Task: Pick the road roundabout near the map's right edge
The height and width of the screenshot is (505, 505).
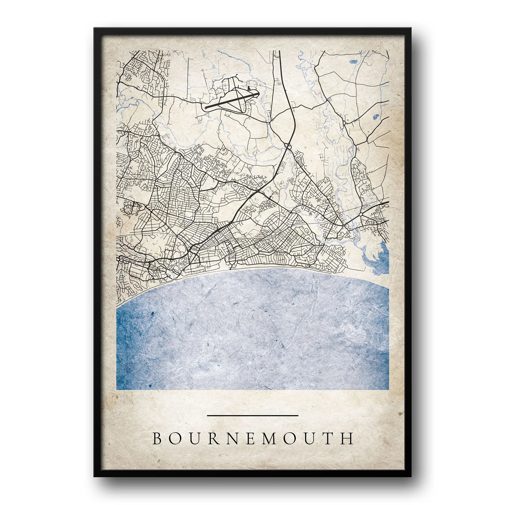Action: [361, 214]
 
